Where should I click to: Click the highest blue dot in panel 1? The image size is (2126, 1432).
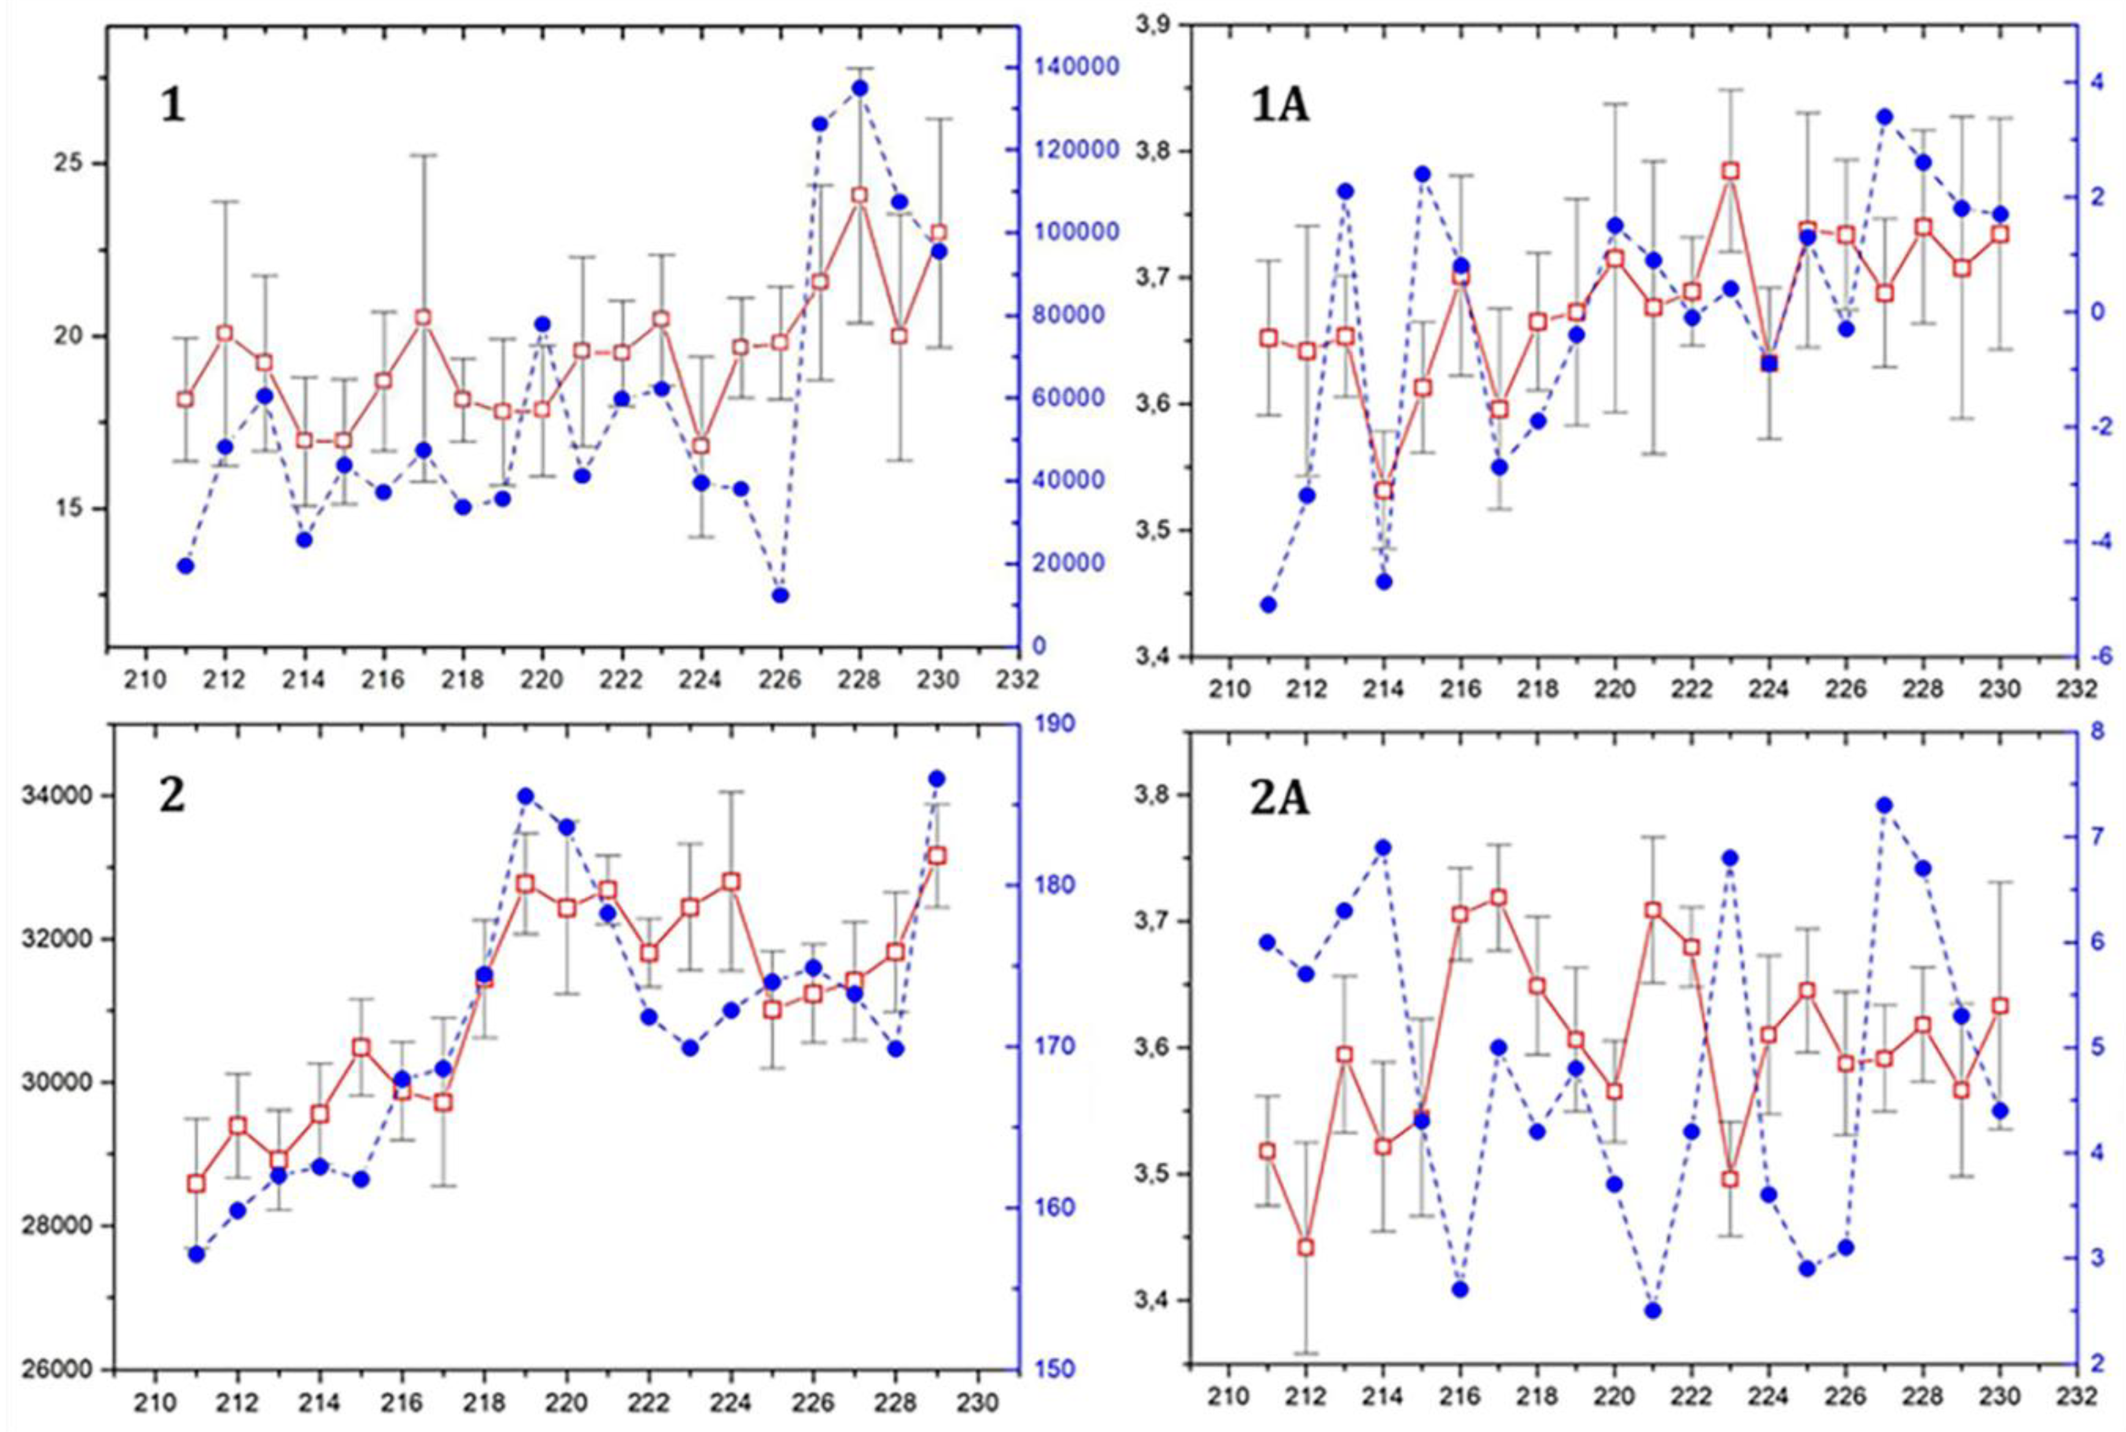(x=859, y=89)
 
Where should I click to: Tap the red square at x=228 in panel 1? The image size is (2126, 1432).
(x=859, y=196)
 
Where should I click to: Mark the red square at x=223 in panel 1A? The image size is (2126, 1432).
(x=1730, y=171)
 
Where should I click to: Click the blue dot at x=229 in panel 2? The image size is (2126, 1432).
(x=936, y=778)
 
